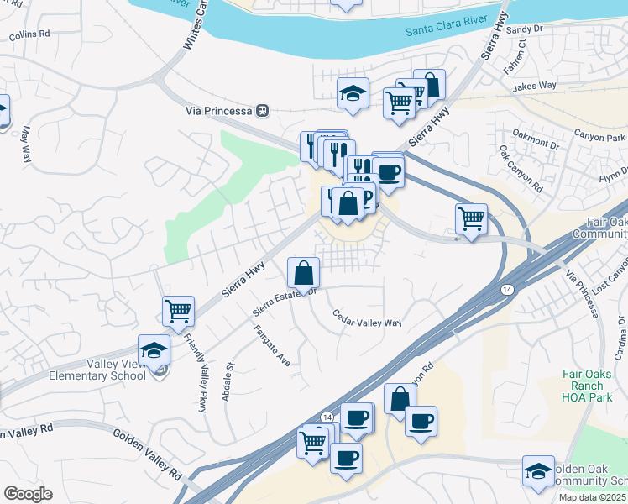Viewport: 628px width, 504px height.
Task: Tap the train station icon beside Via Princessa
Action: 263,110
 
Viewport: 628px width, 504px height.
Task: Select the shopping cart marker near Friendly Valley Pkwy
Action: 178,312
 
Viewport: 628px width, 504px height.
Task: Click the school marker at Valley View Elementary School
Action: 154,349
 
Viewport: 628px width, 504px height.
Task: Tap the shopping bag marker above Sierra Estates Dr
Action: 303,273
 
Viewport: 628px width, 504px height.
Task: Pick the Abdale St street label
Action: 227,381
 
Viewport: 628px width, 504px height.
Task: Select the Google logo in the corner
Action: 28,494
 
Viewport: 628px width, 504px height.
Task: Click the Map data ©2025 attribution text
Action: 592,497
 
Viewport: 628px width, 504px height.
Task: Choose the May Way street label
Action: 25,144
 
